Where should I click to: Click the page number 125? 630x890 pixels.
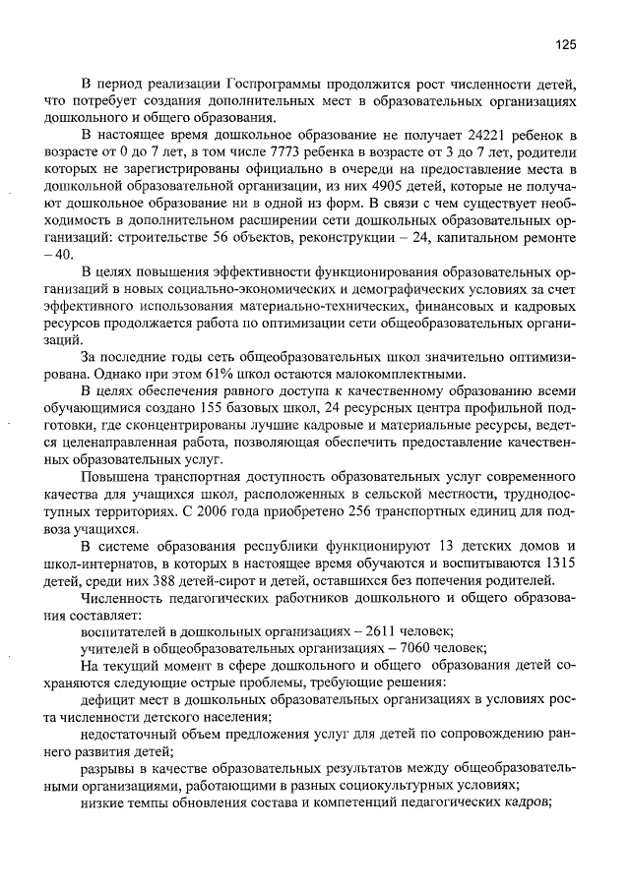pos(564,44)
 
